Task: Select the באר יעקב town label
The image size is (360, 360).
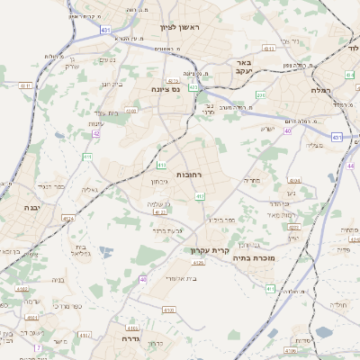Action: pyautogui.click(x=241, y=67)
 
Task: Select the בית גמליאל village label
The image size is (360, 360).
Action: pyautogui.click(x=78, y=250)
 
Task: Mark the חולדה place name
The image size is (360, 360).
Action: pyautogui.click(x=338, y=305)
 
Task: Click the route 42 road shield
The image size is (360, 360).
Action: pyautogui.click(x=95, y=133)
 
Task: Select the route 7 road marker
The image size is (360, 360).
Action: pyautogui.click(x=38, y=347)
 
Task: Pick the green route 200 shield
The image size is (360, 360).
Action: pyautogui.click(x=262, y=94)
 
